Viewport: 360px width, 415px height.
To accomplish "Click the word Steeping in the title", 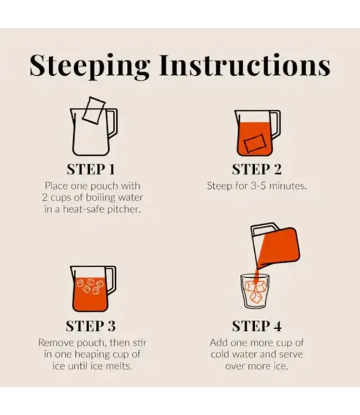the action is (x=90, y=66).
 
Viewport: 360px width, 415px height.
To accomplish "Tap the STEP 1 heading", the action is (x=91, y=169).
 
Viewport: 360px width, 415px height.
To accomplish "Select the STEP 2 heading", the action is (x=256, y=169).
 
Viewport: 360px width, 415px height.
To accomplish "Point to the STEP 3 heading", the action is (x=91, y=326).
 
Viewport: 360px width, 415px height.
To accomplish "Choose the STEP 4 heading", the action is (x=256, y=326).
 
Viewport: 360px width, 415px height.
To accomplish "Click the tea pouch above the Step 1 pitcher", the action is (x=94, y=110).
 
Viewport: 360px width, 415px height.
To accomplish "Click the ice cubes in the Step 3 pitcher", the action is (x=90, y=286).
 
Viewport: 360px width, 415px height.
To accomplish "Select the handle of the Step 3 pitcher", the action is (x=111, y=279).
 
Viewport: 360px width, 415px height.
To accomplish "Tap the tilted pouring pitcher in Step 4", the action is (x=275, y=246).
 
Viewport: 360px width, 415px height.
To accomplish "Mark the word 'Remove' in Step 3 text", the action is (x=56, y=343).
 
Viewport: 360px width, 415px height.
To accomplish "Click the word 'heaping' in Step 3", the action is (x=92, y=355).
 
